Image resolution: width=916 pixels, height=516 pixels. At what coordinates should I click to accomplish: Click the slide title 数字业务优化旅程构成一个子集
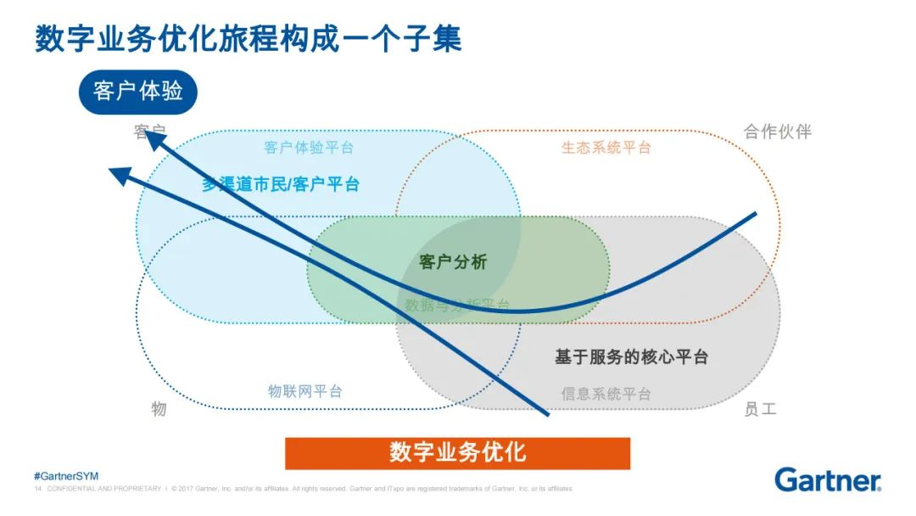[248, 39]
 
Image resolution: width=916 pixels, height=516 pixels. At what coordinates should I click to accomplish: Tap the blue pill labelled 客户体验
[137, 92]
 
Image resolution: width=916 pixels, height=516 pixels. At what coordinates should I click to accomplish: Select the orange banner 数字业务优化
[457, 452]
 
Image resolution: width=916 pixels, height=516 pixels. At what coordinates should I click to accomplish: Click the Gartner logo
[827, 480]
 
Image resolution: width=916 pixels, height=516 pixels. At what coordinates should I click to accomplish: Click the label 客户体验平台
[309, 148]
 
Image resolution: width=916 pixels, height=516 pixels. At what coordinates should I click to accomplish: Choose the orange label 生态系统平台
[606, 148]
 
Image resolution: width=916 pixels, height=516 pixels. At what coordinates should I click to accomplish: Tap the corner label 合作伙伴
[777, 132]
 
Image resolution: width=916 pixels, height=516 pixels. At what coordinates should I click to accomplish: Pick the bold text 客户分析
[454, 262]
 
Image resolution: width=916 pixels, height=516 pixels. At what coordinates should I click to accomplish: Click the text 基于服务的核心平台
[631, 356]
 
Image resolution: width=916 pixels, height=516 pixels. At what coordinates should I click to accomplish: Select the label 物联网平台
[305, 391]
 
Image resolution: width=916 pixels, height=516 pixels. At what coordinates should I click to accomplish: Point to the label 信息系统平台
[606, 394]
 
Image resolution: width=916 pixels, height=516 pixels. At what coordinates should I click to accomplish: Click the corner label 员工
[759, 409]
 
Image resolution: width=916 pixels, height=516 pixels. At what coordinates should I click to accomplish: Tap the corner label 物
[159, 409]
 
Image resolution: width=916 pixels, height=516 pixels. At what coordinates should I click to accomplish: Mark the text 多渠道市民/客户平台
[280, 184]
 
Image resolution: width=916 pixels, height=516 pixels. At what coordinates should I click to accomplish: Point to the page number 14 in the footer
[38, 489]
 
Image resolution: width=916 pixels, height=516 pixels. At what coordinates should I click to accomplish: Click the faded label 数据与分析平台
[457, 305]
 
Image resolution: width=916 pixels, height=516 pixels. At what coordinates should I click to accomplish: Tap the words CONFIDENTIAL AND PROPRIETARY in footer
[104, 489]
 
